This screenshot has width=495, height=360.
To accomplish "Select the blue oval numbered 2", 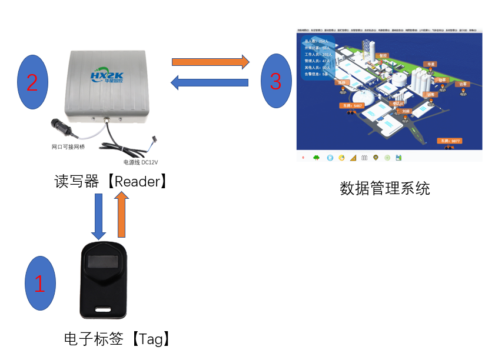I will (32, 82).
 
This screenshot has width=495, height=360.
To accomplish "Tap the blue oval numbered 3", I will (276, 81).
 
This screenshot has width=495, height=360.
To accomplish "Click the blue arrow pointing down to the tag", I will (98, 215).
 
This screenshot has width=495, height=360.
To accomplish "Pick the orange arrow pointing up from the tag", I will (121, 215).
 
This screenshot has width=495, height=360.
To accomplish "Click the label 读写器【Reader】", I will (112, 181).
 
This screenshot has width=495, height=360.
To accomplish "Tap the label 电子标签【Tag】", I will (118, 339).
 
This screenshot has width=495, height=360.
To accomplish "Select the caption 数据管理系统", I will (385, 188).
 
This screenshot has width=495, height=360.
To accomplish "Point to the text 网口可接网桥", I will (68, 146).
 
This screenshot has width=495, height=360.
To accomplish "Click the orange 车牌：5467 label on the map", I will (351, 106).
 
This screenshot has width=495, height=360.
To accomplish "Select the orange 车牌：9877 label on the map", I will (450, 141).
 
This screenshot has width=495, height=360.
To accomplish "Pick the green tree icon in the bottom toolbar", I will (316, 158).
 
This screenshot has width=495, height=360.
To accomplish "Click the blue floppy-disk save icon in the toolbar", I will (398, 158).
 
